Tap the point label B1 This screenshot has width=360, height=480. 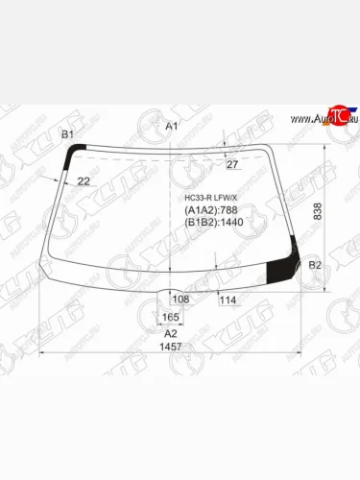(x=67, y=134)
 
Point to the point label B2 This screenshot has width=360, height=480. (x=316, y=265)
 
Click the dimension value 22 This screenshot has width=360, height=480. (x=84, y=180)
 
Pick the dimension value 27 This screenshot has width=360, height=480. (x=231, y=165)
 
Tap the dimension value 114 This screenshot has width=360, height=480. (x=228, y=300)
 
